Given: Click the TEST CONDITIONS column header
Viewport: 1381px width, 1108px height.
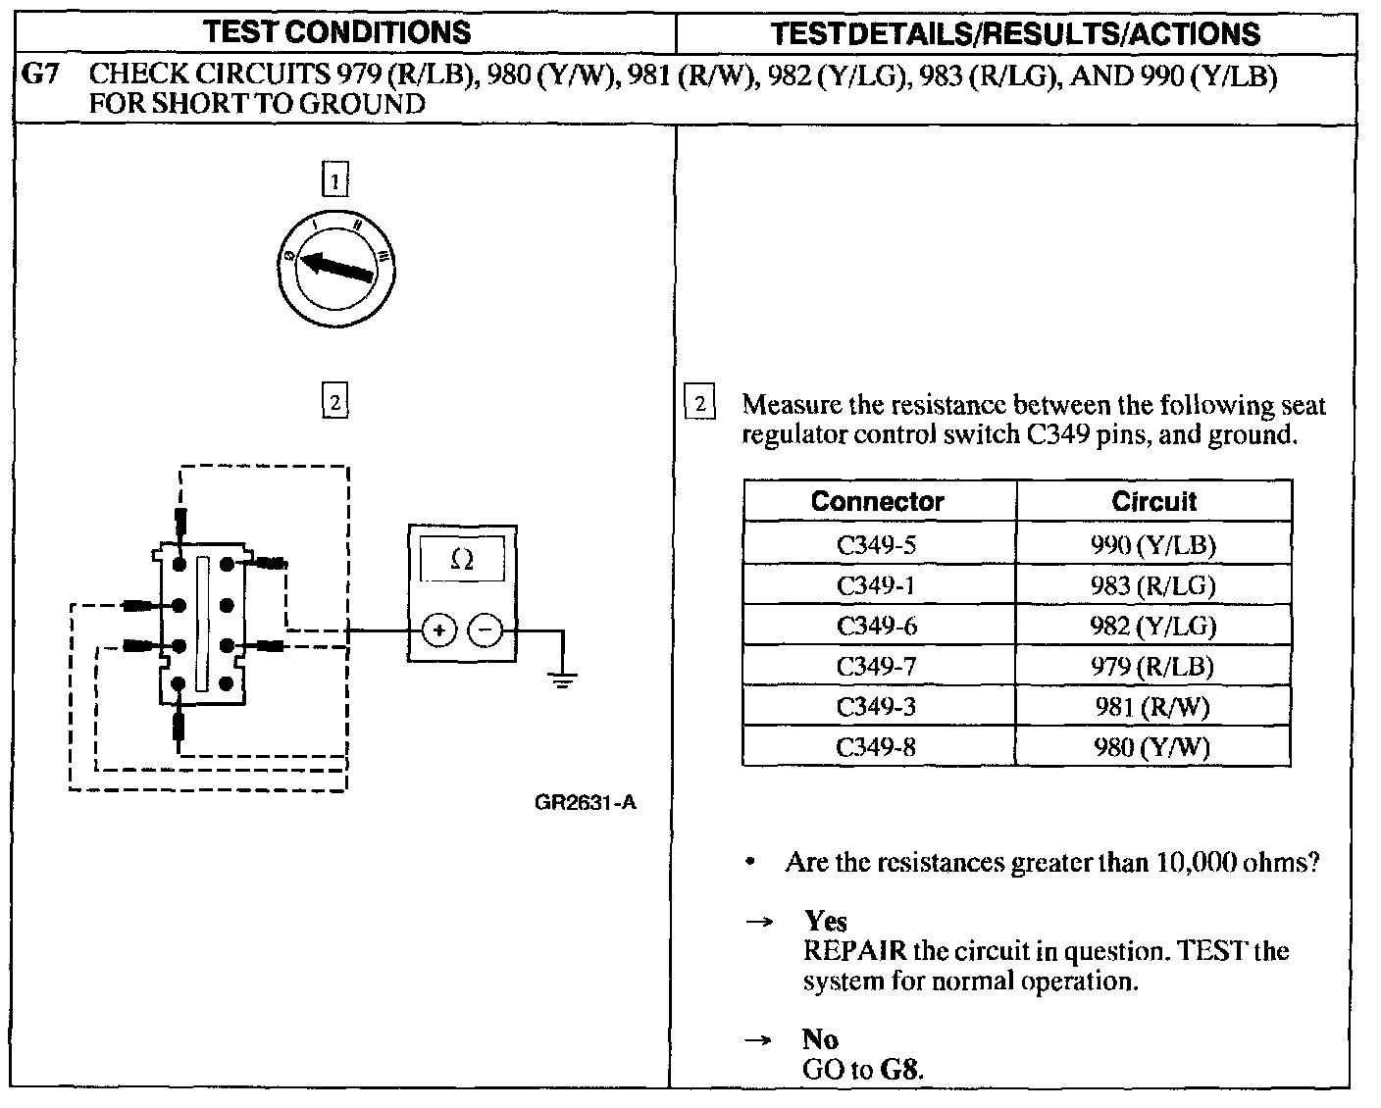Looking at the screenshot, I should [337, 32].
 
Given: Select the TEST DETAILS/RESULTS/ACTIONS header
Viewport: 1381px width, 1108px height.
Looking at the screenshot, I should [1015, 34].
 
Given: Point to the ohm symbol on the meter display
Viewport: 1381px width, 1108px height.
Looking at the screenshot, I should [462, 560].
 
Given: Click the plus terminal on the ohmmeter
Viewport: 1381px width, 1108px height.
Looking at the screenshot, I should [439, 630].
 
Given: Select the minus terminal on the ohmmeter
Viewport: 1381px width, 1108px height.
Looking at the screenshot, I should [485, 630].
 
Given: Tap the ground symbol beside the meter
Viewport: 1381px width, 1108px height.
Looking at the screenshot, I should [562, 679].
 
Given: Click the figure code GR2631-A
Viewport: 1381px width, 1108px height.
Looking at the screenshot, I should [585, 802].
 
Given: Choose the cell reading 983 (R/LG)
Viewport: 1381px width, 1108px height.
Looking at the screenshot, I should [1152, 585].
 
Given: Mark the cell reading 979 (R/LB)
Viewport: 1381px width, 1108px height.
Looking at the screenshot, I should [1152, 667].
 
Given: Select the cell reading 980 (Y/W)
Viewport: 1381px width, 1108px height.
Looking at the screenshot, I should [1152, 747].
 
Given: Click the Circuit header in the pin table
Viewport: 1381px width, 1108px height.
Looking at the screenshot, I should [1153, 501].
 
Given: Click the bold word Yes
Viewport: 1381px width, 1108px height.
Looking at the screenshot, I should [826, 921].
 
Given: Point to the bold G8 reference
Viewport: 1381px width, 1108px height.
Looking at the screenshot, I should [900, 1069].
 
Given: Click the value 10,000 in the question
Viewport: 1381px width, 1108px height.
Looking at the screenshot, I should [1197, 863].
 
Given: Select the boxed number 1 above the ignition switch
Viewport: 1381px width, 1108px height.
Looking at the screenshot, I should [335, 181].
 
